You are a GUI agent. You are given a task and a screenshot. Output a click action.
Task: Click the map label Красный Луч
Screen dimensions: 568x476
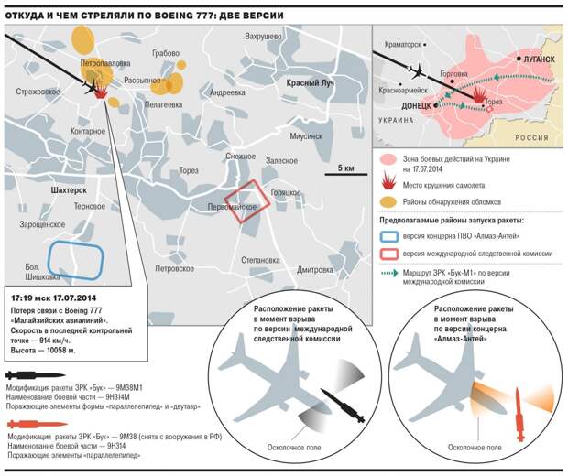[310, 83]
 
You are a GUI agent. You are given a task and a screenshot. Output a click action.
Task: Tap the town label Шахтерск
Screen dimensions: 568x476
[69, 190]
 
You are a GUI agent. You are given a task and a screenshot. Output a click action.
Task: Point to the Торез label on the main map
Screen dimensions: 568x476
[189, 170]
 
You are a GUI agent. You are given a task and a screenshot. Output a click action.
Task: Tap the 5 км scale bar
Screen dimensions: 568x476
[346, 174]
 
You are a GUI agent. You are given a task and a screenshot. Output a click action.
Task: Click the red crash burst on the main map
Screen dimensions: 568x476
[101, 92]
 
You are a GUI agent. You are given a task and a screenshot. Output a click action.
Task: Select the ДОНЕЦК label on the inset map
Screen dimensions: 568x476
[416, 106]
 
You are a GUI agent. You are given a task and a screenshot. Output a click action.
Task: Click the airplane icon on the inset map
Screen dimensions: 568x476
[418, 70]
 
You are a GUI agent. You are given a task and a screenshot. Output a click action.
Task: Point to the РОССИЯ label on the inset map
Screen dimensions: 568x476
[531, 137]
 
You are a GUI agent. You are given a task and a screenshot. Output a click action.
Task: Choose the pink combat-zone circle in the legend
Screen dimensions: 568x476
[388, 160]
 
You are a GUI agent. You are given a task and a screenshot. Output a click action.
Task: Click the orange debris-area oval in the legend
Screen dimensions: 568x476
[388, 202]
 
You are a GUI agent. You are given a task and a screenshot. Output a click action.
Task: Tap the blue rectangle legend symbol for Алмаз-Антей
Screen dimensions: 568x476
[389, 236]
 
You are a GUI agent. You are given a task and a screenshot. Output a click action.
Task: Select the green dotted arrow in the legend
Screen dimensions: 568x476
[388, 273]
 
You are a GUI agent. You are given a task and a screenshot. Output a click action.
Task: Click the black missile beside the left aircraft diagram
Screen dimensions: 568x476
[343, 406]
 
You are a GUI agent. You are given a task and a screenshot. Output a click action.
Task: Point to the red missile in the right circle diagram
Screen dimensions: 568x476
[519, 414]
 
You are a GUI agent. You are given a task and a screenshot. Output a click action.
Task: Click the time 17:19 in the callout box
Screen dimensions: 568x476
[21, 298]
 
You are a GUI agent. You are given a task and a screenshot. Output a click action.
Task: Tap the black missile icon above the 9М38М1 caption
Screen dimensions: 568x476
[36, 375]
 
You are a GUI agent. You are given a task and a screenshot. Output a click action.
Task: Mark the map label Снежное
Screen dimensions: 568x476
[241, 157]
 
